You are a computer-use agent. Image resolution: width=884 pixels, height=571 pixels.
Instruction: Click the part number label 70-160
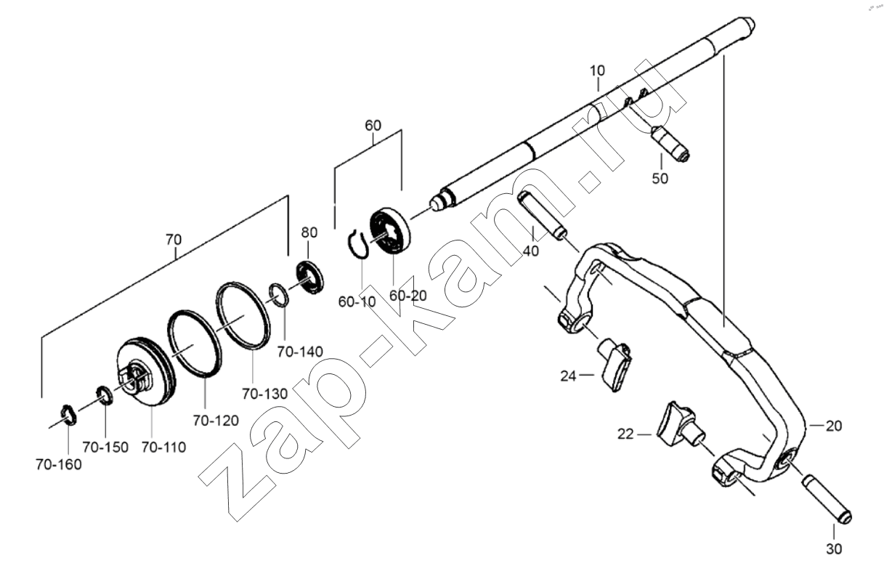[59, 465]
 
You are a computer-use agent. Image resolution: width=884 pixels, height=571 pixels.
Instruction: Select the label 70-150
[105, 448]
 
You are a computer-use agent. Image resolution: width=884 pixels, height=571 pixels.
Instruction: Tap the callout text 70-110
[163, 448]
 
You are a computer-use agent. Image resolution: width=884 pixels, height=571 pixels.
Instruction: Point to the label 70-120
[216, 421]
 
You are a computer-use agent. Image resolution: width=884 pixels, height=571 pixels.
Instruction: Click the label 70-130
[265, 394]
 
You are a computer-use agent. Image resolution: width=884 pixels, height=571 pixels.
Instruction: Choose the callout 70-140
[300, 352]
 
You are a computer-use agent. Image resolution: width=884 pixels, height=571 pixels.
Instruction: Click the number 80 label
[309, 232]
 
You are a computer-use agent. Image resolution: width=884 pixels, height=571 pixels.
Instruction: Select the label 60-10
[357, 302]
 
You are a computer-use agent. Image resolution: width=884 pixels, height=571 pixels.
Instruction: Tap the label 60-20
[408, 296]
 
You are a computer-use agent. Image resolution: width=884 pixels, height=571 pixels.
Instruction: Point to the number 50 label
[660, 179]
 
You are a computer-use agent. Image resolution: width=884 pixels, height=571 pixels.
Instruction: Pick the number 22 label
[625, 434]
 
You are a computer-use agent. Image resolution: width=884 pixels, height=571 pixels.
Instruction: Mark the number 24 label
[568, 376]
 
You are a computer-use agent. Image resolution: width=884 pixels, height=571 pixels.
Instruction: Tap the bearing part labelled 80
[310, 278]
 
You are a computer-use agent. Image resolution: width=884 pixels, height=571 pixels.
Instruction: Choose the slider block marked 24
[615, 364]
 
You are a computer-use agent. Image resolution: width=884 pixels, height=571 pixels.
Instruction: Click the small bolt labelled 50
[670, 144]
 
